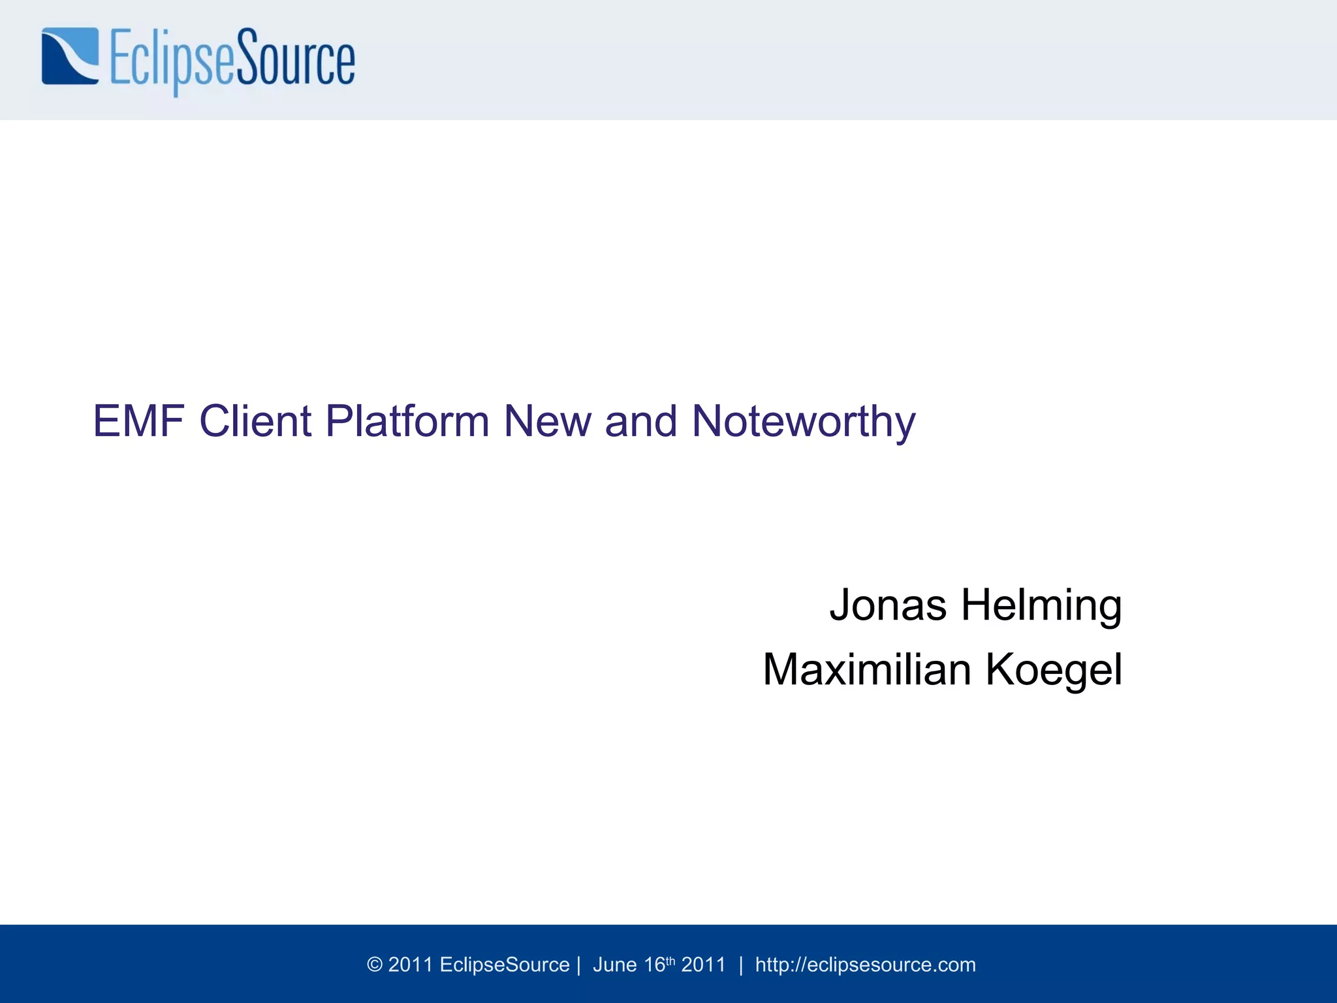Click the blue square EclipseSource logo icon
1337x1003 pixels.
click(71, 56)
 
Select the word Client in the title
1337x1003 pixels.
click(255, 421)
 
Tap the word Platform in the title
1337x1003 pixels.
click(407, 421)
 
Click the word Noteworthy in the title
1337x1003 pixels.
click(804, 422)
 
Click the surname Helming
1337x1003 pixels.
click(1041, 606)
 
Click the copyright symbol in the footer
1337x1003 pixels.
click(375, 965)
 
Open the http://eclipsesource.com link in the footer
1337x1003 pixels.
click(865, 965)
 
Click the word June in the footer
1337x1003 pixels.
click(614, 965)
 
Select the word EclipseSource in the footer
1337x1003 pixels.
click(505, 965)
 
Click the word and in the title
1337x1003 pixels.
click(641, 421)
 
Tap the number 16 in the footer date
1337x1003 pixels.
click(654, 965)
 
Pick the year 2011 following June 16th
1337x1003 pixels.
click(703, 965)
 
